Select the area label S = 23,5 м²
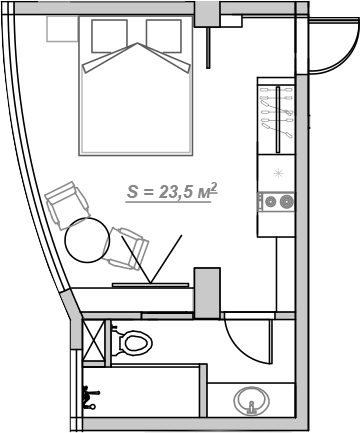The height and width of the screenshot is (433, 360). coord(172,192)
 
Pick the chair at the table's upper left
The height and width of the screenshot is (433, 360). coord(66,204)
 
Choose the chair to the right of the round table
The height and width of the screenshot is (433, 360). coord(130,248)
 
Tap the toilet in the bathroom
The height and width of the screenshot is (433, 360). coord(132,344)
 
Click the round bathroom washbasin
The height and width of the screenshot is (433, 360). coord(251,402)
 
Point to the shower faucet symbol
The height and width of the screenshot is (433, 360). coord(91,397)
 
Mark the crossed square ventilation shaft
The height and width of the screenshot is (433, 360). coord(94,339)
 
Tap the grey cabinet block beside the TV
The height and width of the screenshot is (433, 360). coord(207,290)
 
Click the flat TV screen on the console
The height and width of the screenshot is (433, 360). coord(150,284)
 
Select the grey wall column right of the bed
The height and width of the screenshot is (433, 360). coord(206,13)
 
